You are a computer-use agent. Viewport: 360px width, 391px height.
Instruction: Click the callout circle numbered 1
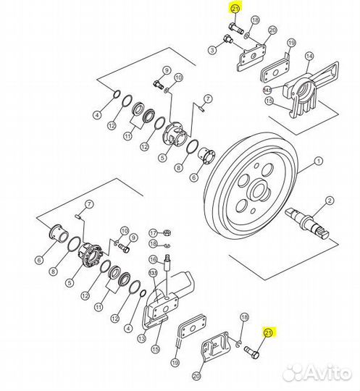point(318,161)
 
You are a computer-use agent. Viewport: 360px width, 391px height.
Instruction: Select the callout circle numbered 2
point(330,201)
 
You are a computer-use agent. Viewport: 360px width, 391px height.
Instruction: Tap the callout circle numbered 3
point(212,50)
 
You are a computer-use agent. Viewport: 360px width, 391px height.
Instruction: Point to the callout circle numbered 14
point(309,56)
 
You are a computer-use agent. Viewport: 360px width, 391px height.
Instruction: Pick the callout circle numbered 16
point(154,260)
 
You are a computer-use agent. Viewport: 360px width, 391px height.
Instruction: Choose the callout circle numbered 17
point(154,233)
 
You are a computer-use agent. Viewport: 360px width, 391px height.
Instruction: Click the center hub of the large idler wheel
point(259,191)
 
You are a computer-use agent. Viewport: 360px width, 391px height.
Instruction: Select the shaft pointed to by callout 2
point(307,222)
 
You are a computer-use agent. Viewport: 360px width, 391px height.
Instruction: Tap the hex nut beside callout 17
point(167,233)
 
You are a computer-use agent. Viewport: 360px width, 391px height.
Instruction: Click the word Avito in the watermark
point(327,373)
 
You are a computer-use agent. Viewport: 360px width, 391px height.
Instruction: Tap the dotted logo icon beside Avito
point(293,374)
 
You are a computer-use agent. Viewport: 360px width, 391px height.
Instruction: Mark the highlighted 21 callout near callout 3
point(235,9)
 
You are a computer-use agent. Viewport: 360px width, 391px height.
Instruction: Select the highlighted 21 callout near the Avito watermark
point(268,333)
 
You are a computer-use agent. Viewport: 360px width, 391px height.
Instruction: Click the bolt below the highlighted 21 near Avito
point(251,352)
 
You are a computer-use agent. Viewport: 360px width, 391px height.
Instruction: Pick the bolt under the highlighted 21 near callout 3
point(235,28)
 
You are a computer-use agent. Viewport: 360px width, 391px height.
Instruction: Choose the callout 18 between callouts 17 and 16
point(154,243)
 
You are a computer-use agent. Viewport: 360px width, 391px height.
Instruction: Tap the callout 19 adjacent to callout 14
point(291,43)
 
